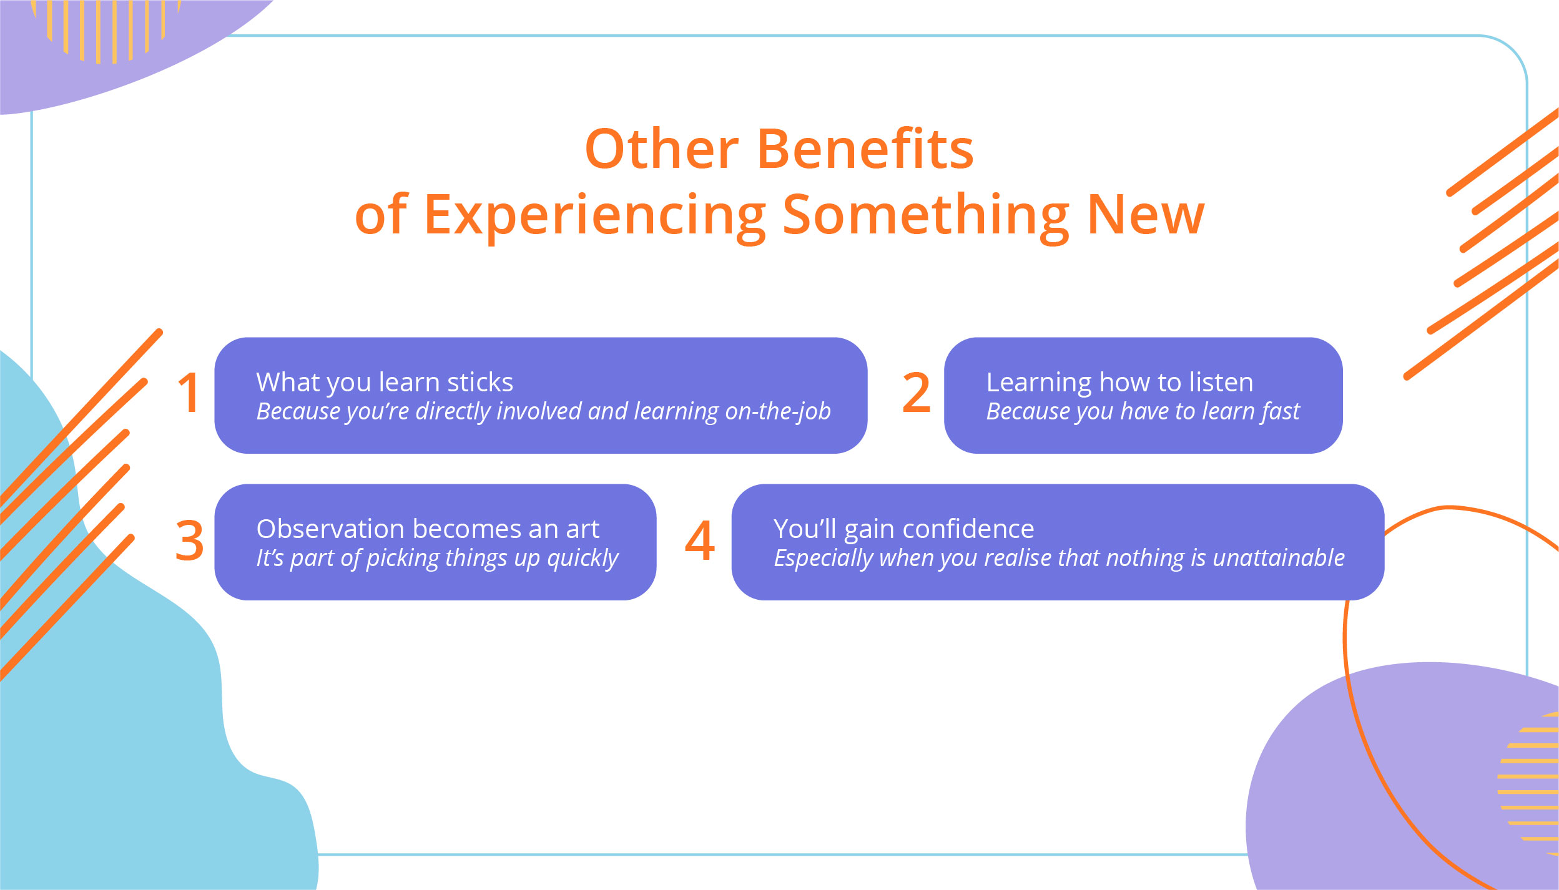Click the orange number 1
pyautogui.click(x=189, y=393)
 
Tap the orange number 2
pyautogui.click(x=916, y=393)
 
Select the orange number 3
pyautogui.click(x=189, y=540)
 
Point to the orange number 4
pyautogui.click(x=699, y=540)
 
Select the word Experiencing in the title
pyautogui.click(x=594, y=215)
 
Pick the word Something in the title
pyautogui.click(x=926, y=215)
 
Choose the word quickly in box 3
pyautogui.click(x=583, y=559)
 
